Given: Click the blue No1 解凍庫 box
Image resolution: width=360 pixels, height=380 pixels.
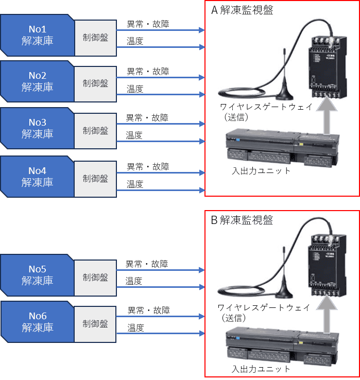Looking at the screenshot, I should pos(37,35).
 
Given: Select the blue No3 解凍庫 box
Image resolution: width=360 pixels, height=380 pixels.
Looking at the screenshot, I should pos(37,128).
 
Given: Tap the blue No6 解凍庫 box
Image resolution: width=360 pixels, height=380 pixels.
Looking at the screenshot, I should pos(37,322).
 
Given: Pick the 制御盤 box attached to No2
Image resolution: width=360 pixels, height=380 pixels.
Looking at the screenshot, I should pos(96,83).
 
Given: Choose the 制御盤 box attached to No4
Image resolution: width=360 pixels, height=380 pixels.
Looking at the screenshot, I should pos(96,178).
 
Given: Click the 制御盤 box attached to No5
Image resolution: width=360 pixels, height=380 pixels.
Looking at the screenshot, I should pos(96,277).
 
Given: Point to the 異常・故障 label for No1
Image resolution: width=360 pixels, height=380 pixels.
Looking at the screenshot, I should pos(148,24).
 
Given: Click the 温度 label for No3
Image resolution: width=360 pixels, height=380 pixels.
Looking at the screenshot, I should pos(135,135).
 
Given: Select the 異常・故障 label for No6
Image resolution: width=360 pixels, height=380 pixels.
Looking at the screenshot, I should pos(149,310).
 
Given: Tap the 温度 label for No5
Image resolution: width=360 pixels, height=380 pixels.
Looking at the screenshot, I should pos(134,281).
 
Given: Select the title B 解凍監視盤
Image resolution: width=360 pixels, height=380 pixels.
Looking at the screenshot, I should pos(242,220).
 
